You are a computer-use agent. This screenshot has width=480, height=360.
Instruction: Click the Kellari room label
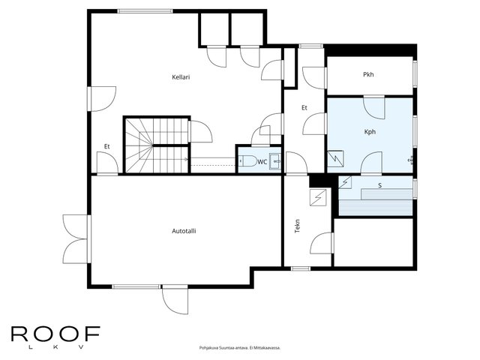coord(181,77)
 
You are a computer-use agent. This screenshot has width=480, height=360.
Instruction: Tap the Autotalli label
coord(184,231)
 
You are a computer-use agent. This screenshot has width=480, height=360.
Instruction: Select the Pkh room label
coord(368,74)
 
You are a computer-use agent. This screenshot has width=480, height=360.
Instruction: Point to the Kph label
coord(370,132)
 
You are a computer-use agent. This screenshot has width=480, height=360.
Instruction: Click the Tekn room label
coord(297,226)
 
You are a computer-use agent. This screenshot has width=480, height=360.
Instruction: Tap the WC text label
coord(262,162)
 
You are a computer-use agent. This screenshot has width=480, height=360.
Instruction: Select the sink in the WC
coord(275,161)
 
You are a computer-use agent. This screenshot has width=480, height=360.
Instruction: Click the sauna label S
coord(380,185)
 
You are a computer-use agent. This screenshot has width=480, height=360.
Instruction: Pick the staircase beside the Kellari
coord(157,145)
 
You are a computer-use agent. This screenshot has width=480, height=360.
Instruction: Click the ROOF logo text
coord(55,334)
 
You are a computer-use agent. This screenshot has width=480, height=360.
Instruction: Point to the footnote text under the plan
coord(240,348)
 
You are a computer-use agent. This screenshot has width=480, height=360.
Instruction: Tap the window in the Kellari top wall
coord(145,11)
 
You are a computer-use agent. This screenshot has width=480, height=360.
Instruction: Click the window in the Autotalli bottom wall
coord(136,286)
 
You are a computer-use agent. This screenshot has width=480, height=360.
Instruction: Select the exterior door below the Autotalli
coord(175,299)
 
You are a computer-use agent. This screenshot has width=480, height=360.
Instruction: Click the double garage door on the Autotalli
coord(76,238)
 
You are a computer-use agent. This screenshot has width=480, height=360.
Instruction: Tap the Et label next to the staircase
coord(106,147)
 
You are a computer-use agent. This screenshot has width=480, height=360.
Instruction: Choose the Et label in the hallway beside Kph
coord(304,108)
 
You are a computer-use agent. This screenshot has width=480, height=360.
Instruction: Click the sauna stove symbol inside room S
coord(345,182)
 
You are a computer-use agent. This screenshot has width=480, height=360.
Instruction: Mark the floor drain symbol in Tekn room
coord(318,198)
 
